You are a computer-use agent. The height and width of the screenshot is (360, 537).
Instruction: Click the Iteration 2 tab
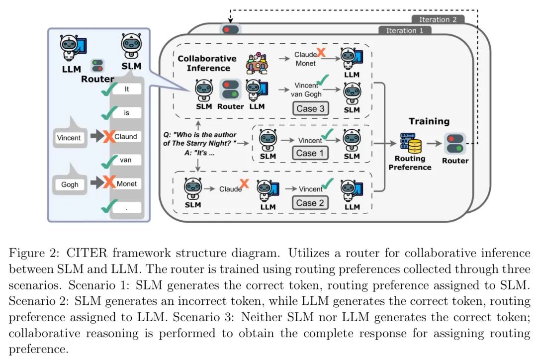[438, 20]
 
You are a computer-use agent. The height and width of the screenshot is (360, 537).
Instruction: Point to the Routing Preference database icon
[410, 144]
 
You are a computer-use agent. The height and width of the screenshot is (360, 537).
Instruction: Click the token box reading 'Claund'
[125, 136]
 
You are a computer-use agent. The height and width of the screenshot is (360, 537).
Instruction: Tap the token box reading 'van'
[125, 160]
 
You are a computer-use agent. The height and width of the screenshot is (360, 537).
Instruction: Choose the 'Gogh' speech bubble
[70, 184]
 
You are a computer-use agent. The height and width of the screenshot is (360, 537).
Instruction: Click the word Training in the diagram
[429, 121]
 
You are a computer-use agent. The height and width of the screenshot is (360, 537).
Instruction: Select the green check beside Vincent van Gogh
[323, 80]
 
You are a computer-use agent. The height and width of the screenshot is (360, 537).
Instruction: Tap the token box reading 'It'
[125, 90]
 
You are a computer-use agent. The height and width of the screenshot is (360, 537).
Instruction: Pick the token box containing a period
[125, 207]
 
